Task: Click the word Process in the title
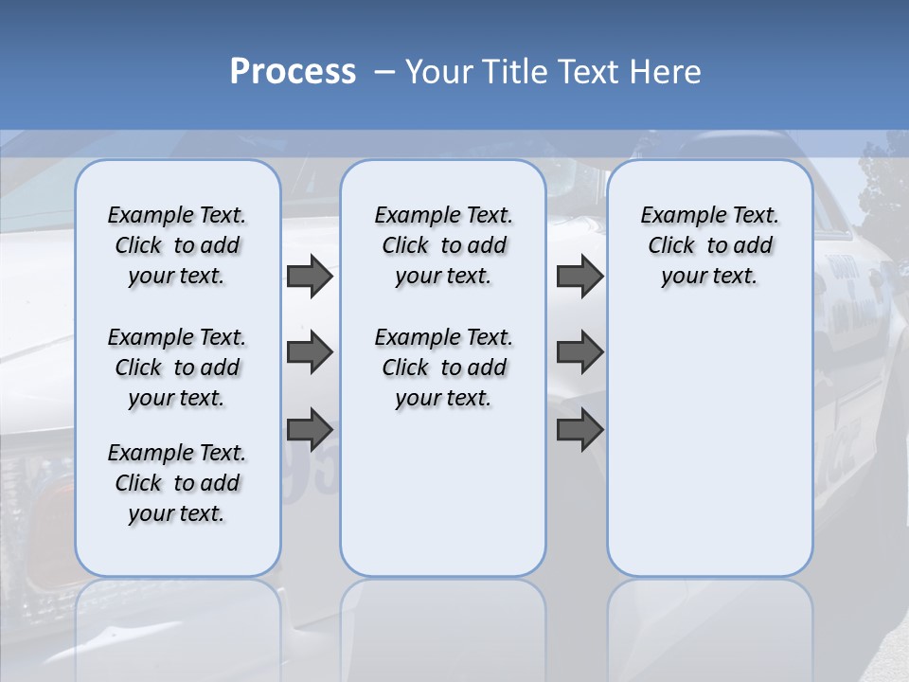pos(293,71)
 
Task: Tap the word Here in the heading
pos(667,72)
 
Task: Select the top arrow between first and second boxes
pos(310,277)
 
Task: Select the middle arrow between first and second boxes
pos(310,352)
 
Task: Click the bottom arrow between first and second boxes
pos(310,429)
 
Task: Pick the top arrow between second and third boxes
pos(579,277)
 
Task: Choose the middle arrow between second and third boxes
pos(579,352)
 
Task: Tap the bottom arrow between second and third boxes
pos(579,429)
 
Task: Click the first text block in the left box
pos(177,245)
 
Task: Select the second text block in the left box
pos(177,368)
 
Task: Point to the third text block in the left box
pos(177,483)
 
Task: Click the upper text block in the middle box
pos(443,245)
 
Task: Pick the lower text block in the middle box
pos(443,368)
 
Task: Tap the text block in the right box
pos(709,245)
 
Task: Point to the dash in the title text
pos(384,72)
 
